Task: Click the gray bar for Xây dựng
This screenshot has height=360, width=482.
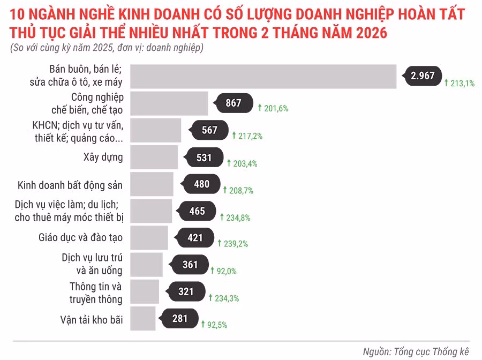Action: [154, 157]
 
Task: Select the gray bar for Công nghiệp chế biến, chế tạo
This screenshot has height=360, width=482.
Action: [169, 103]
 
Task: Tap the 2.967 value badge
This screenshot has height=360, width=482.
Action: [423, 76]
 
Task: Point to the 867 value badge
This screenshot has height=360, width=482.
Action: [234, 103]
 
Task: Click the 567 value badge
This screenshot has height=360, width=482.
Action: [209, 130]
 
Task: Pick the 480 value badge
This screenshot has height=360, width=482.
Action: [201, 184]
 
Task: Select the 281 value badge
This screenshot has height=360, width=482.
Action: [179, 319]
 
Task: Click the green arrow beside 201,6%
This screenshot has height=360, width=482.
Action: [260, 108]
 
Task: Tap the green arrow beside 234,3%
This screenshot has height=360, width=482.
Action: [210, 297]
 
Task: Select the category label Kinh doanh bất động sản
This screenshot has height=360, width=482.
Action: [70, 185]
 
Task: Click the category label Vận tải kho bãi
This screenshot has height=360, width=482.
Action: [92, 320]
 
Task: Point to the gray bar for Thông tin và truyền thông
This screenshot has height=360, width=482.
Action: [145, 292]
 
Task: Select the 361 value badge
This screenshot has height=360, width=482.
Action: [190, 265]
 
